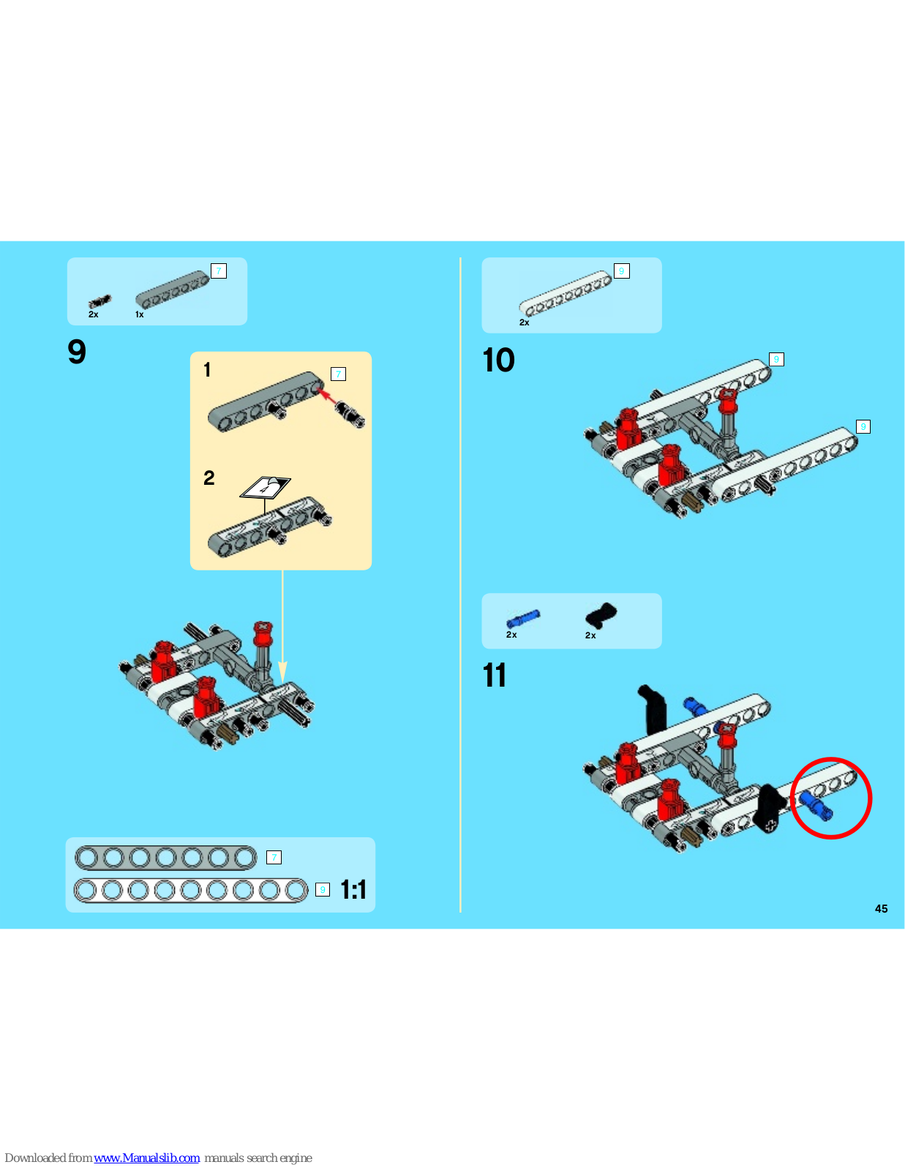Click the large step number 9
click(77, 352)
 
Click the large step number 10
click(498, 361)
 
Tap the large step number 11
click(495, 675)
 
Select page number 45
click(881, 909)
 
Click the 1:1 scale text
click(353, 889)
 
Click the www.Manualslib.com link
click(146, 1158)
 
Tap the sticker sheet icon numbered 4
click(265, 488)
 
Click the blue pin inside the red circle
click(816, 806)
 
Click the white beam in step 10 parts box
click(565, 293)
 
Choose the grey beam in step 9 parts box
click(172, 289)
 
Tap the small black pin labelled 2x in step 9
click(99, 301)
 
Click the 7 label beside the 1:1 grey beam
click(274, 857)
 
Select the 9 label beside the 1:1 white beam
click(322, 889)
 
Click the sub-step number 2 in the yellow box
click(209, 478)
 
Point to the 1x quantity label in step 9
click(140, 314)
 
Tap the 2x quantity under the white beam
click(524, 322)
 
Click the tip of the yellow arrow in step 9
click(282, 683)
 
